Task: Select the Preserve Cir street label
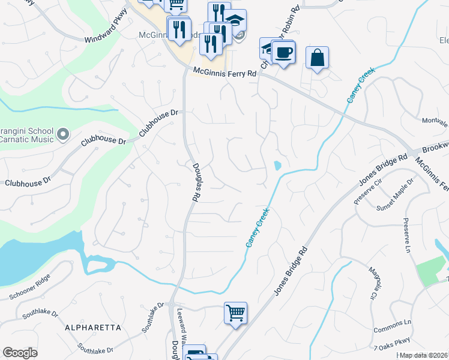[x=367, y=191]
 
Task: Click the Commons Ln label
[x=391, y=330]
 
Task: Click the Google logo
[x=20, y=353]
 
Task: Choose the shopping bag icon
[x=318, y=58]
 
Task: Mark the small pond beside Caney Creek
[x=277, y=165]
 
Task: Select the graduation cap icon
[x=236, y=20]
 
